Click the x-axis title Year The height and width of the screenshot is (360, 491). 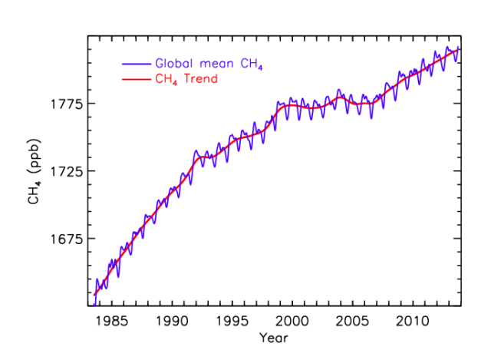click(273, 337)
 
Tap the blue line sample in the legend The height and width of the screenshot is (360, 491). click(136, 63)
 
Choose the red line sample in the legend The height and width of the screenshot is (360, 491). click(136, 78)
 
